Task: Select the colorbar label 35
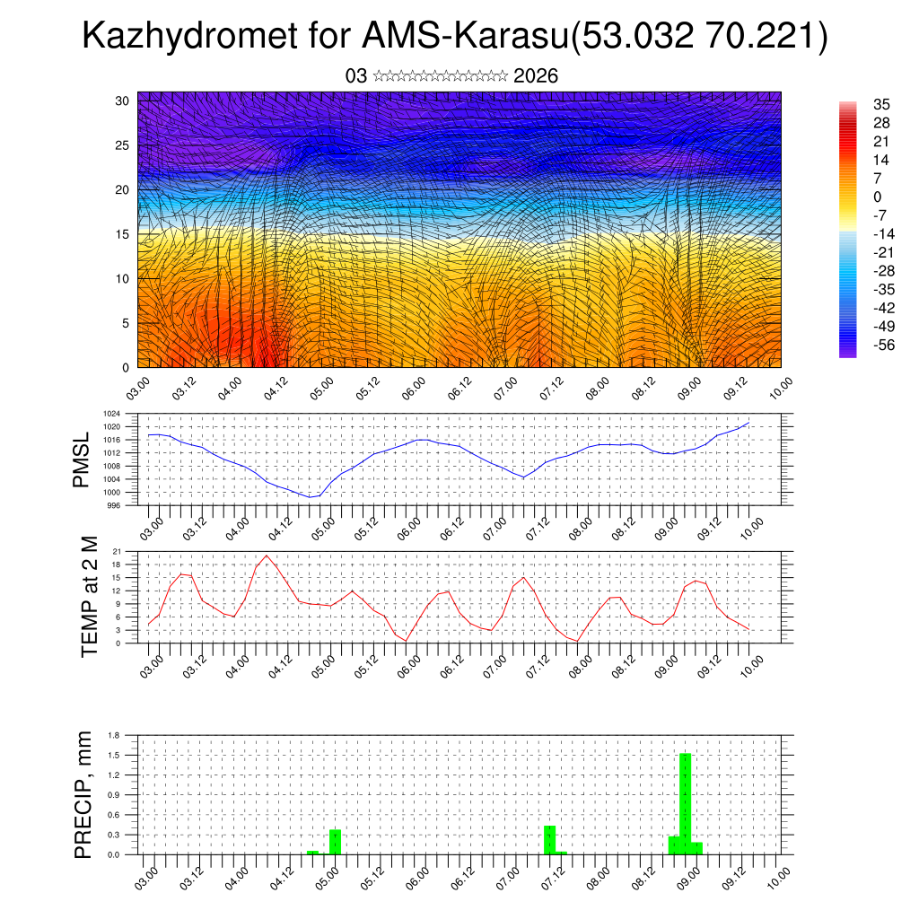pyautogui.click(x=880, y=105)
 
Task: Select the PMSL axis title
pyautogui.click(x=83, y=460)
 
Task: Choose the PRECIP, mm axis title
pyautogui.click(x=83, y=793)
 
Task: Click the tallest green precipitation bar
pyautogui.click(x=685, y=803)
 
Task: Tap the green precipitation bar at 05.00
pyautogui.click(x=335, y=842)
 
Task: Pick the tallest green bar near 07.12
pyautogui.click(x=549, y=840)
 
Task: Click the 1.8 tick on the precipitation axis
pyautogui.click(x=114, y=735)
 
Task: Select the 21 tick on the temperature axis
pyautogui.click(x=117, y=550)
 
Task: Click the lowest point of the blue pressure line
pyautogui.click(x=311, y=497)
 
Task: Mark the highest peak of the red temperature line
pyautogui.click(x=267, y=556)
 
